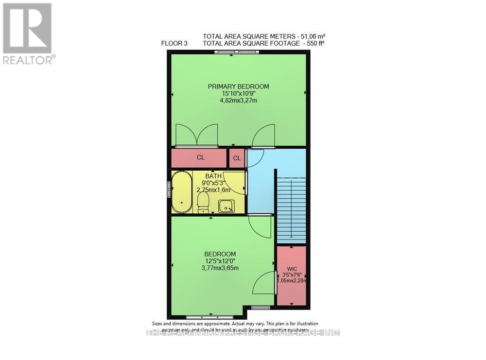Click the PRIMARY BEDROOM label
(x=238, y=86)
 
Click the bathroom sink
(x=226, y=206)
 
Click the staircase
(x=291, y=209)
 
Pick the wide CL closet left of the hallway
(x=200, y=158)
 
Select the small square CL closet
(x=237, y=158)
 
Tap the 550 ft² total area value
(x=314, y=43)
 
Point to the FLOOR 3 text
(x=174, y=43)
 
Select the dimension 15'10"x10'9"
(x=238, y=93)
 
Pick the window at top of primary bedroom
(x=231, y=52)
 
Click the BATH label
(x=213, y=176)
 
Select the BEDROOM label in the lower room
(x=220, y=254)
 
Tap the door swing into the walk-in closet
(x=265, y=283)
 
